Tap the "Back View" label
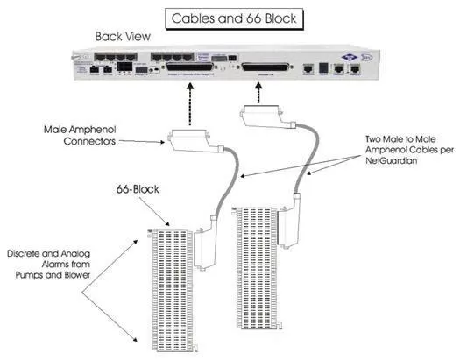[x=124, y=38]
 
